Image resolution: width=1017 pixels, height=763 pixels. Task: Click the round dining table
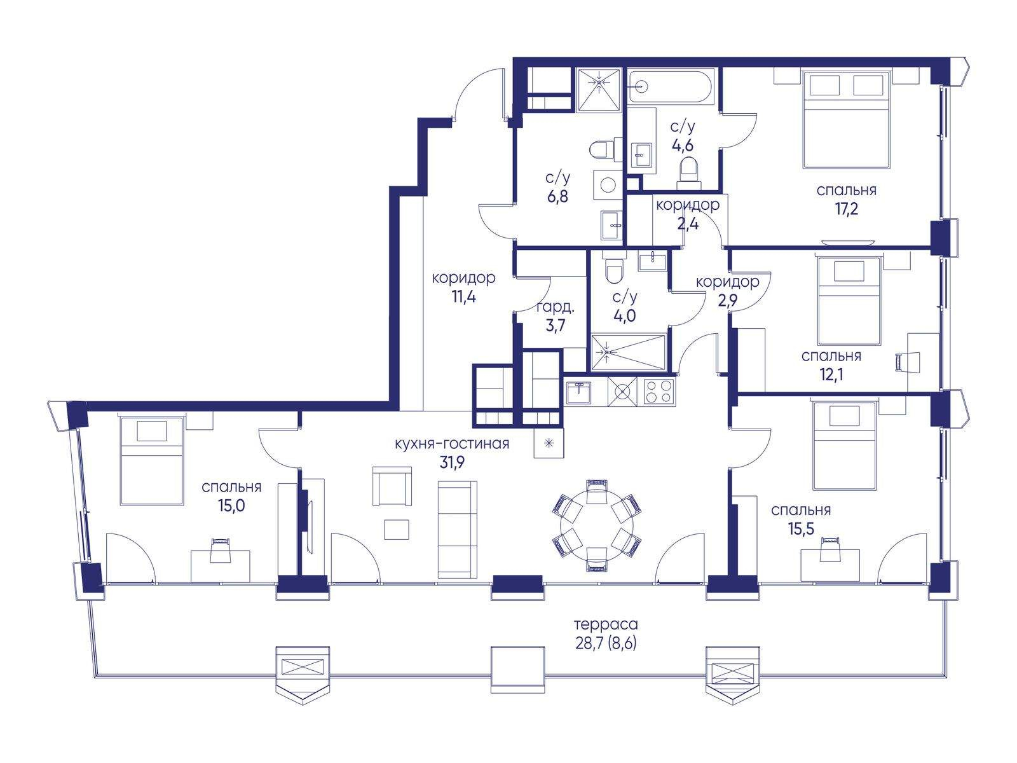[x=597, y=526]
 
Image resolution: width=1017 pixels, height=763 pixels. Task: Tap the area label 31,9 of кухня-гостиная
[x=452, y=462]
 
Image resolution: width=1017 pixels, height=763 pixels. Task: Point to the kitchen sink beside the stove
[x=578, y=392]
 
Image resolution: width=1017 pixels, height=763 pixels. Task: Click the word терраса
[x=606, y=624]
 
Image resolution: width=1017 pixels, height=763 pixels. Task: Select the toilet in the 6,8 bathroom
[x=605, y=149]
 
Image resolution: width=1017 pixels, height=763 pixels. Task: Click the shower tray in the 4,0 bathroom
[x=628, y=352]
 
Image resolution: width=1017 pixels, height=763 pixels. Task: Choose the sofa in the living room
[x=457, y=529]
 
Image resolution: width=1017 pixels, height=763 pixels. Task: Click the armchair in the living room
[x=392, y=486]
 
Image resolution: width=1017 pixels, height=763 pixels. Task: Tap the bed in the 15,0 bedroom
[x=151, y=460]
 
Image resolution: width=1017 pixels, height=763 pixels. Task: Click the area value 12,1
[x=831, y=375]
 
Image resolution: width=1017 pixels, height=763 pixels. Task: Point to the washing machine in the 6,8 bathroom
[x=608, y=185]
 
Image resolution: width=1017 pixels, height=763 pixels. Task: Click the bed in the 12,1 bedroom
[x=849, y=301]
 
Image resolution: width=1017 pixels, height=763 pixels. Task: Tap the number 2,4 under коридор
[x=688, y=224]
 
